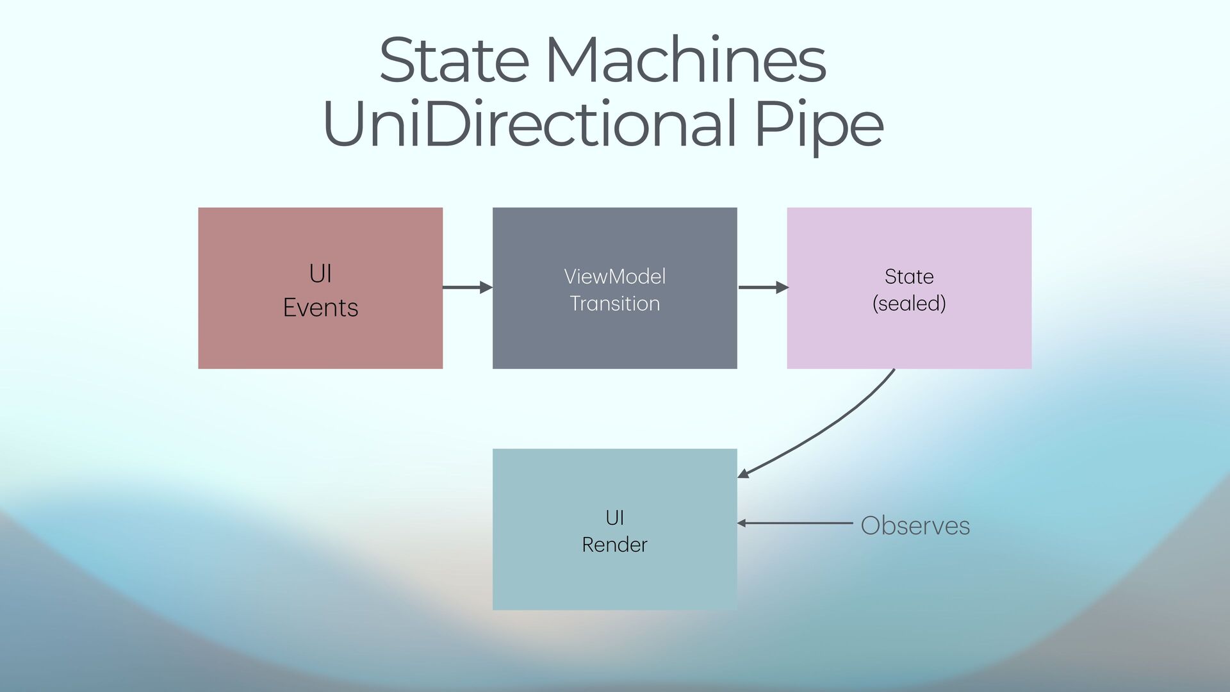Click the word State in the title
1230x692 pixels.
pyautogui.click(x=454, y=61)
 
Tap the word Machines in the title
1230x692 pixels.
pyautogui.click(x=685, y=61)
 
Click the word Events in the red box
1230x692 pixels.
pyautogui.click(x=320, y=308)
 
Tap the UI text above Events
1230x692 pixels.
pyautogui.click(x=320, y=274)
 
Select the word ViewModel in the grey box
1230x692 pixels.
pyautogui.click(x=614, y=277)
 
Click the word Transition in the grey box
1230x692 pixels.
pyautogui.click(x=614, y=304)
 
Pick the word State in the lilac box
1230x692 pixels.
pyautogui.click(x=908, y=277)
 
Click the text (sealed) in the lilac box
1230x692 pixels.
pyautogui.click(x=908, y=304)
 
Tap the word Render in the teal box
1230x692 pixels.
pyautogui.click(x=614, y=545)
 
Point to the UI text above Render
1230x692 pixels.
pyautogui.click(x=614, y=518)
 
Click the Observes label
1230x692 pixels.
pyautogui.click(x=915, y=526)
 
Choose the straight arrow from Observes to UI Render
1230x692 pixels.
pyautogui.click(x=794, y=523)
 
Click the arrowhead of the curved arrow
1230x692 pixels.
pyautogui.click(x=743, y=474)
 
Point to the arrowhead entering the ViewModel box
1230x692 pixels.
pyautogui.click(x=486, y=288)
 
